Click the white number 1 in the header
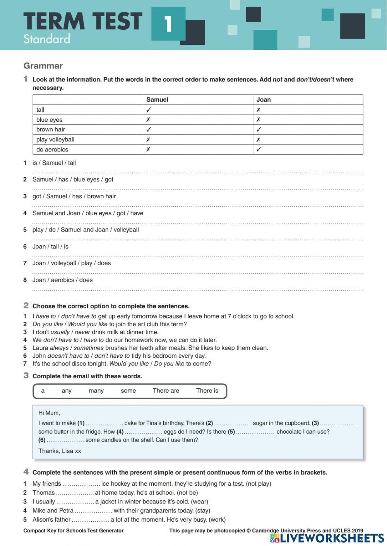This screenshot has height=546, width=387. pyautogui.click(x=168, y=24)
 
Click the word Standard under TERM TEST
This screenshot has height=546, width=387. pyautogui.click(x=46, y=39)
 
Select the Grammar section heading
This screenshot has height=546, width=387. pyautogui.click(x=43, y=66)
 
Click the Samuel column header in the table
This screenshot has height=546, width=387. pyautogui.click(x=157, y=100)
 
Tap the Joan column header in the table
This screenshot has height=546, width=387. pyautogui.click(x=264, y=100)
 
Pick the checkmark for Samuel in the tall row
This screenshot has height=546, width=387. pyautogui.click(x=148, y=110)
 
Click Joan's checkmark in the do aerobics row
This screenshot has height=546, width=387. pyautogui.click(x=259, y=150)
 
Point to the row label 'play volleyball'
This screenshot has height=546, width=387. pyautogui.click(x=55, y=139)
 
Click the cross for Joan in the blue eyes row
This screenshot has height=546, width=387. pyautogui.click(x=258, y=120)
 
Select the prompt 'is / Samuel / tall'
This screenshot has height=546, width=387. pyautogui.click(x=54, y=163)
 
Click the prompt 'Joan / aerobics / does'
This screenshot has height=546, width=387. pyautogui.click(x=63, y=280)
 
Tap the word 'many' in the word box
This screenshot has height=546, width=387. pyautogui.click(x=96, y=391)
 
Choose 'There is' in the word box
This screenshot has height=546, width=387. pyautogui.click(x=207, y=391)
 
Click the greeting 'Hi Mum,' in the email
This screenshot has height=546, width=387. pyautogui.click(x=49, y=413)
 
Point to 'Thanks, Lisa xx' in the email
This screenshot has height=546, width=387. pyautogui.click(x=60, y=451)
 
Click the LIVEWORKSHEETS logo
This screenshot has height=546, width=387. pyautogui.click(x=327, y=538)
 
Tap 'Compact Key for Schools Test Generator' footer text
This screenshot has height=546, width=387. pyautogui.click(x=74, y=531)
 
